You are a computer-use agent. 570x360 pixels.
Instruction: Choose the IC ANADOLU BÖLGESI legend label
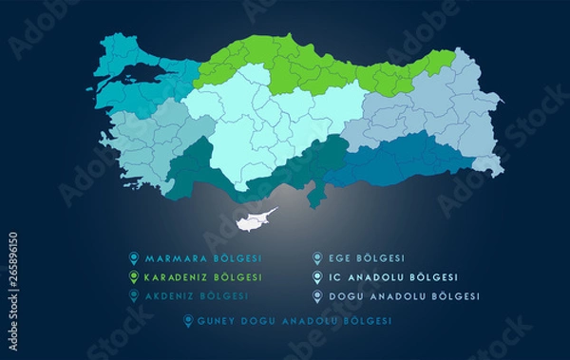pos(388,276)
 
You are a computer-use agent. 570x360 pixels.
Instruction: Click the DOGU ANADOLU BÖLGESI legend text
pos(395,295)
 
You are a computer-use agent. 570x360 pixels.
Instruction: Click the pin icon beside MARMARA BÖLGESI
pos(134,257)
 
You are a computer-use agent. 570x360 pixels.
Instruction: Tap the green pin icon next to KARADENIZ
pos(134,276)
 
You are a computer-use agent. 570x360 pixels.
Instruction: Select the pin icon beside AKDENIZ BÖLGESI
pos(134,295)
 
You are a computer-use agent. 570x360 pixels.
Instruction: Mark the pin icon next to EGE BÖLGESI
pos(316,257)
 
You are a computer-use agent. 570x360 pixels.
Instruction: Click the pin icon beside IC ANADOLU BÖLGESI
pos(316,276)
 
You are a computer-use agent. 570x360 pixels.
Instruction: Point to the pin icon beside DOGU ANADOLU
pos(316,295)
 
